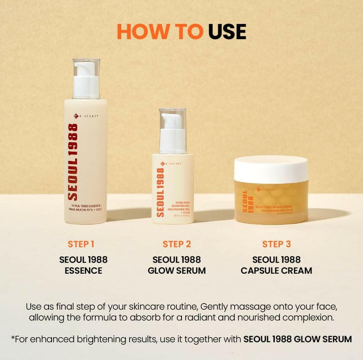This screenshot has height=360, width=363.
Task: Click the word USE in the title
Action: tap(227, 32)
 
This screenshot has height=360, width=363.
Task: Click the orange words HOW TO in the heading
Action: tap(160, 32)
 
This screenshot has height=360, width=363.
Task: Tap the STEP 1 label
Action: tap(81, 244)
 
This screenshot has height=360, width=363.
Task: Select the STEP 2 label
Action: tap(177, 244)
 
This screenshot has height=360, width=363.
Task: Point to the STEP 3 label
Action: tap(276, 244)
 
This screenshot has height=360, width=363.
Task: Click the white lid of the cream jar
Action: tap(271, 169)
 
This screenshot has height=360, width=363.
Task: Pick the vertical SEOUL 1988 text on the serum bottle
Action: tap(160, 192)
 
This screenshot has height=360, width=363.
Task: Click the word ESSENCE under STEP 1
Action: tap(83, 271)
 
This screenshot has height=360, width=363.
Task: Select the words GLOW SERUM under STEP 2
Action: tap(177, 271)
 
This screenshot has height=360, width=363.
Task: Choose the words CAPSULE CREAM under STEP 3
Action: tap(276, 271)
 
